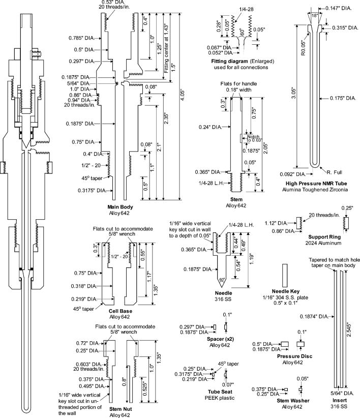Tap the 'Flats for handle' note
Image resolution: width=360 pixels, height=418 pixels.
(x=239, y=83)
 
